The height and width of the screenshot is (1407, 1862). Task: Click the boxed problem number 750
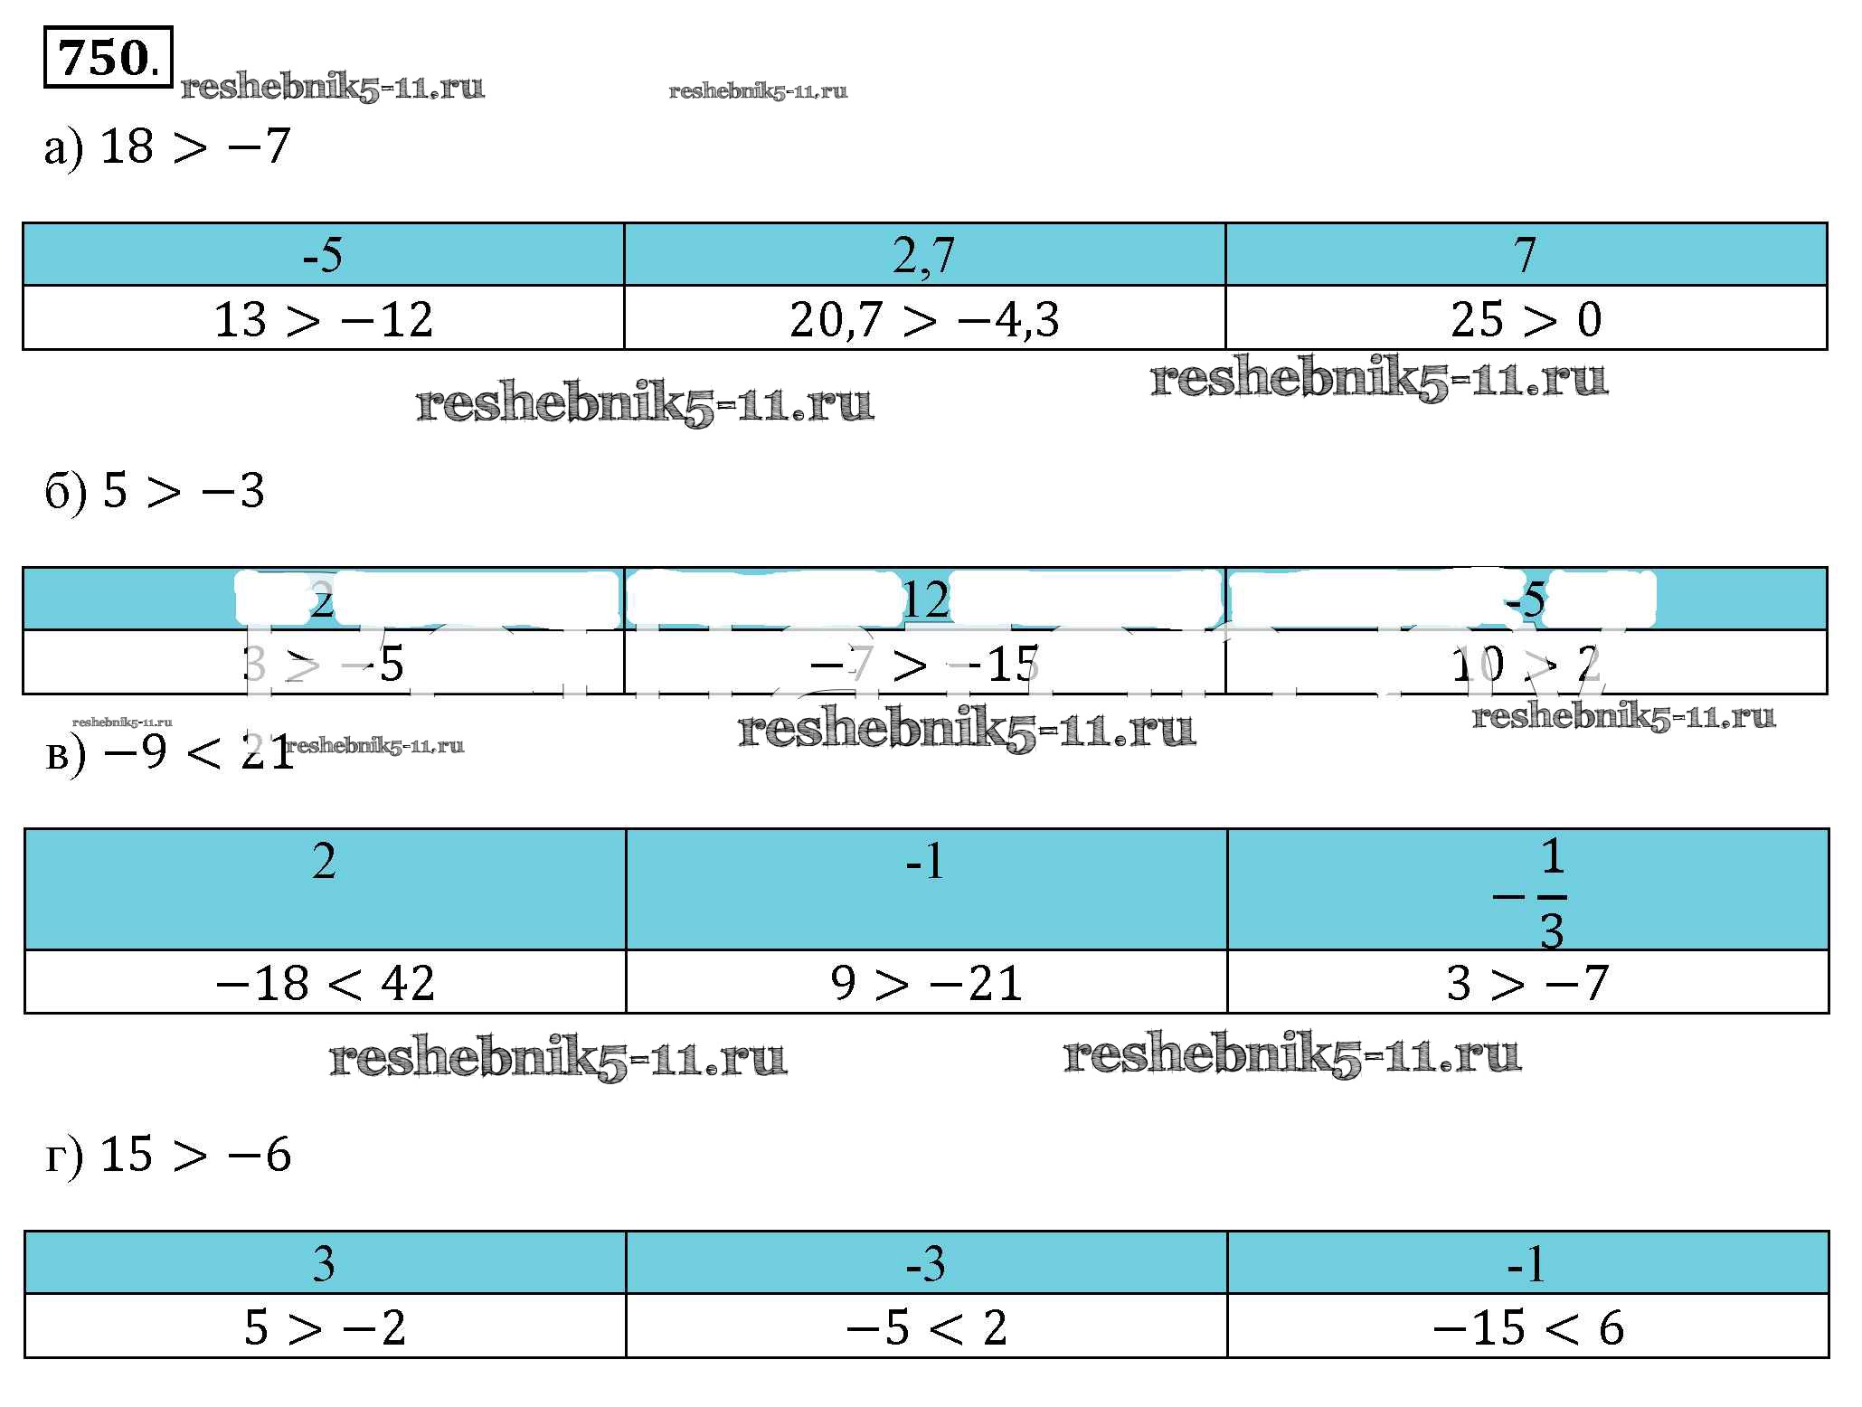pyautogui.click(x=107, y=60)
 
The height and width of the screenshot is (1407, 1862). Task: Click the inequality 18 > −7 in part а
pyautogui.click(x=194, y=147)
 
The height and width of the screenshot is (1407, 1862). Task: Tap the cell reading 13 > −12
pyautogui.click(x=324, y=319)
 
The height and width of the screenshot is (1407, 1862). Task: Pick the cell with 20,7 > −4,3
pyautogui.click(x=924, y=319)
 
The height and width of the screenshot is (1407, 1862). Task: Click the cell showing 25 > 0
pyautogui.click(x=1526, y=319)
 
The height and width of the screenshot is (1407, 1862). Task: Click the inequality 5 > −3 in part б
pyautogui.click(x=184, y=492)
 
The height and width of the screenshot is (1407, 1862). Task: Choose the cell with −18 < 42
pyautogui.click(x=326, y=983)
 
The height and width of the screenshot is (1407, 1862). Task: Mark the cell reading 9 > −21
pyautogui.click(x=926, y=983)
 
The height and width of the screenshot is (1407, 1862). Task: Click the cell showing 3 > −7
pyautogui.click(x=1528, y=983)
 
